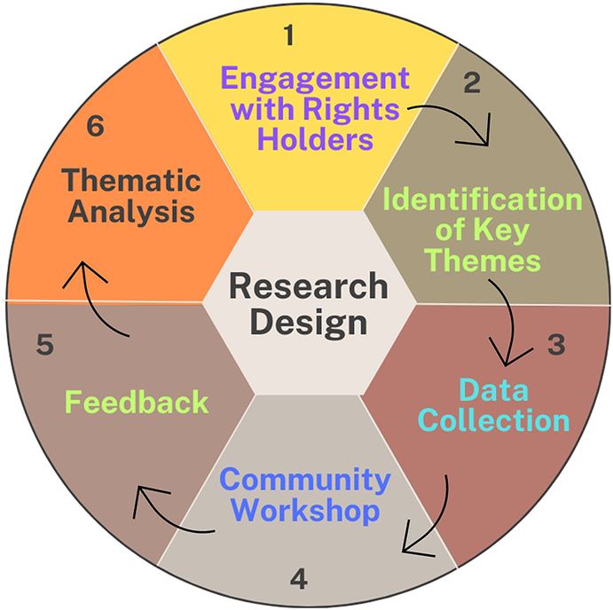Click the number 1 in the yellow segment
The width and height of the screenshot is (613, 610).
point(289,35)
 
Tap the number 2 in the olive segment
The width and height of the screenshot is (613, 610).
point(472,82)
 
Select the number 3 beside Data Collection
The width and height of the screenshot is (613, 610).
point(556,344)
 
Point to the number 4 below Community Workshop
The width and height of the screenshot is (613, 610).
point(299,579)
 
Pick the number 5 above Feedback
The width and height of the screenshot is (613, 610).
point(44,344)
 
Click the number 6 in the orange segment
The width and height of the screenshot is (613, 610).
point(96,126)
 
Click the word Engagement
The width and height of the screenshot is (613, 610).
point(315,79)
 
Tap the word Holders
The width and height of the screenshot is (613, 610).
point(316,139)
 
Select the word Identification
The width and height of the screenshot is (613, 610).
point(483,199)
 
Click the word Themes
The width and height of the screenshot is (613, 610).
point(483,260)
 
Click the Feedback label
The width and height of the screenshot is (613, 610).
point(137,402)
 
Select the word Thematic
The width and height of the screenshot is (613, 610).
point(131,180)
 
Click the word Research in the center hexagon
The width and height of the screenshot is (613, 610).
point(309,285)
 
